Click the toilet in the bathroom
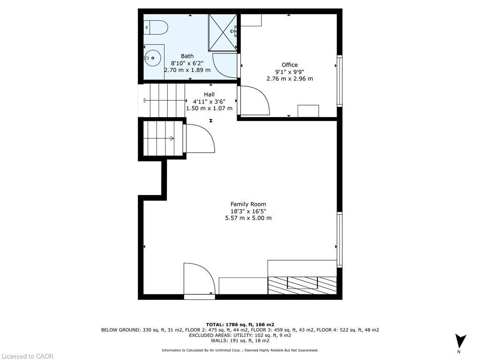coord(157,28)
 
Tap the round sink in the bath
coord(152,59)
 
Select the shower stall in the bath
coord(223,32)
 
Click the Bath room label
coord(187,56)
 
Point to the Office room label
coord(290,65)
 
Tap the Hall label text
coord(209,94)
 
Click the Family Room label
coord(248,204)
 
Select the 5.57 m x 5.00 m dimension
coord(248,218)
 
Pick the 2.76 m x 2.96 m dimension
coord(290,79)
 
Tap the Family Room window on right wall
coord(339,239)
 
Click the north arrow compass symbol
coord(460,341)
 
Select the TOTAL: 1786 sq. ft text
coord(240,324)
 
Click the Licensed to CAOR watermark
coord(27,356)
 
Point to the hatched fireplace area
coord(302,285)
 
